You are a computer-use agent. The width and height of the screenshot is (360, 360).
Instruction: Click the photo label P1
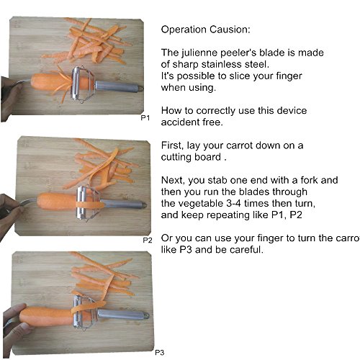point(145,118)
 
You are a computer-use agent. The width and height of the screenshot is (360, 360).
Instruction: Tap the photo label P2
point(148,240)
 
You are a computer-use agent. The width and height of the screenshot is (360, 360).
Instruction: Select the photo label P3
point(160,353)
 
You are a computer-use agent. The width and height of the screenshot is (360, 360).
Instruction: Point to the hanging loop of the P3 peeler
point(145,315)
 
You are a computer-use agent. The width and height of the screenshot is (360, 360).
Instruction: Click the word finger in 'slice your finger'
point(289,76)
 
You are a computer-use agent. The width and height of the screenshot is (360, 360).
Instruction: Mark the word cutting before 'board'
point(176,157)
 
